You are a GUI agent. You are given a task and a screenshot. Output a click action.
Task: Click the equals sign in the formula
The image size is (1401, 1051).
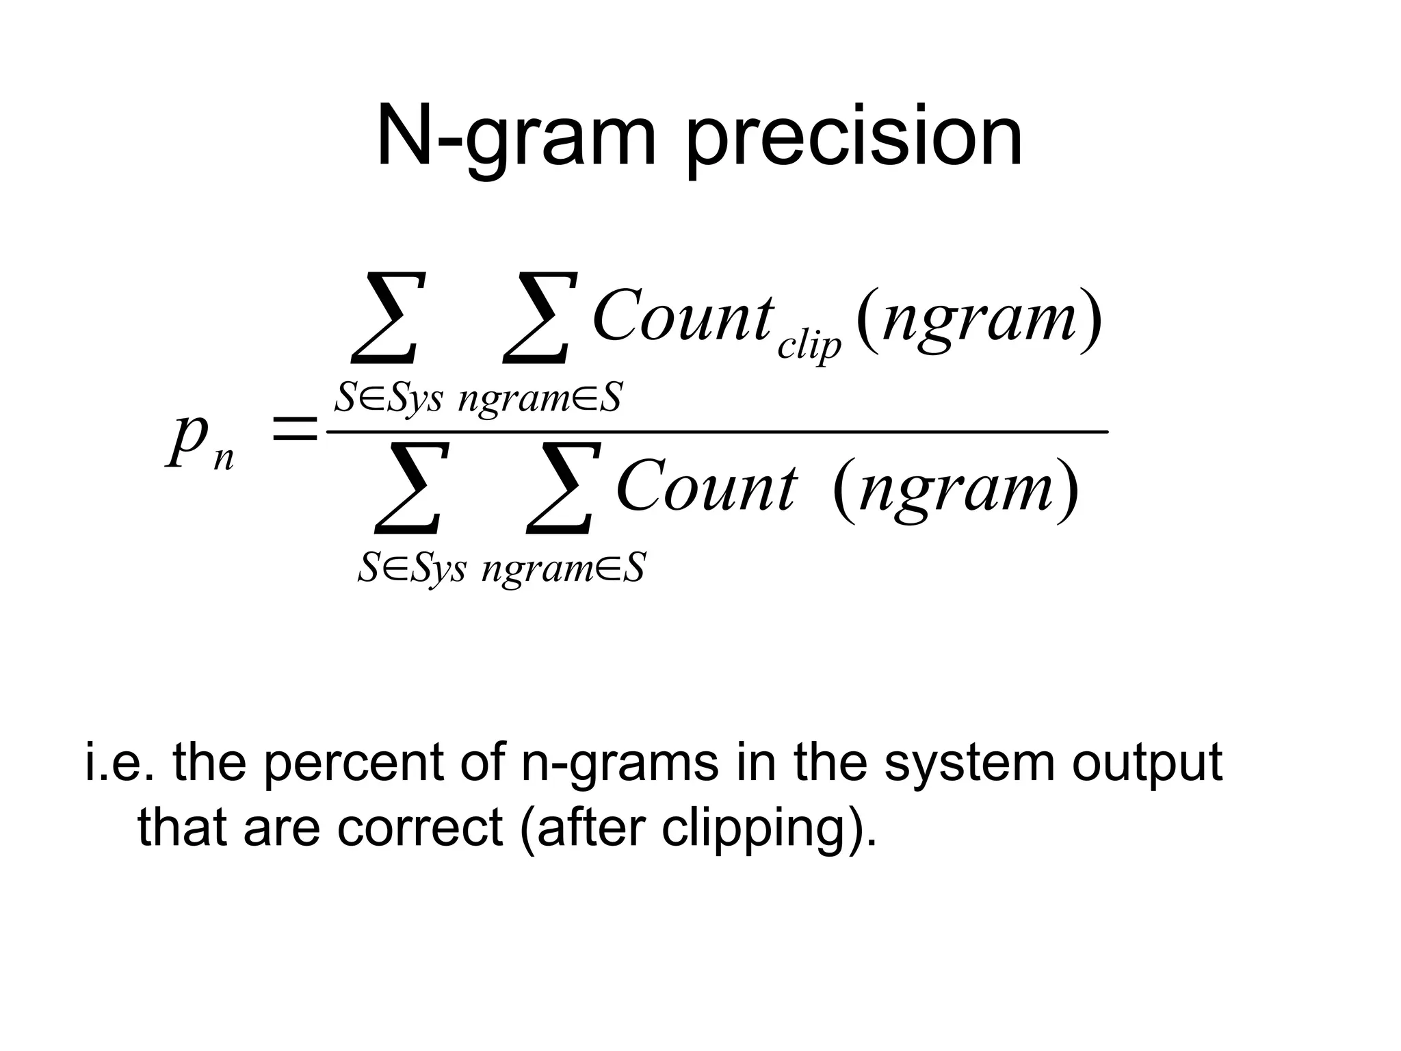point(294,431)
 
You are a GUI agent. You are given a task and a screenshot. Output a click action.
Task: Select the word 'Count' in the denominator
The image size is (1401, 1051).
point(706,487)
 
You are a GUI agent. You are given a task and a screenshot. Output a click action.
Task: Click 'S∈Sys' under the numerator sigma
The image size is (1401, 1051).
point(388,398)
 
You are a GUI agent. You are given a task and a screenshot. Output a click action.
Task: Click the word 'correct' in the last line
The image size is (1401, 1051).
point(419,827)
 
